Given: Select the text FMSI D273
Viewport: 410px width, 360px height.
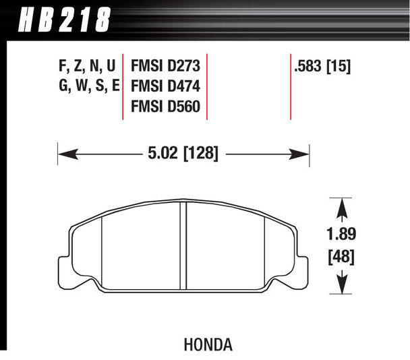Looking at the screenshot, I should click(x=165, y=67).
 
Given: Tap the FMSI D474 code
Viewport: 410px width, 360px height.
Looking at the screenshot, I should click(x=165, y=87).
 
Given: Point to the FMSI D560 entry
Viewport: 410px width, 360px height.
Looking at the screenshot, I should click(x=165, y=107).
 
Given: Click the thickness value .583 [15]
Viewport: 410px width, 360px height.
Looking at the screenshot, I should click(x=322, y=67).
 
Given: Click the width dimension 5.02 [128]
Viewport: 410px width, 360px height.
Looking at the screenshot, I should click(x=183, y=154).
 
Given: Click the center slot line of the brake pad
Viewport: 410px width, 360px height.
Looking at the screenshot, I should click(x=183, y=246).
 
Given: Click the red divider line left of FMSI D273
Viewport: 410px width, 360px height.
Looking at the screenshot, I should click(x=122, y=86).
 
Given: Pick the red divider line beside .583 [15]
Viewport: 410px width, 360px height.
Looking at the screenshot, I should click(x=291, y=86).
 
